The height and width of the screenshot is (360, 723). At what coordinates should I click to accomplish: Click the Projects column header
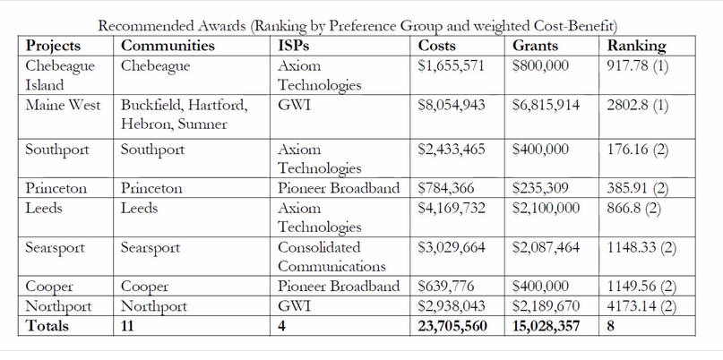click(53, 46)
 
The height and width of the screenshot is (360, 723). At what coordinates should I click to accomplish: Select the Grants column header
click(535, 46)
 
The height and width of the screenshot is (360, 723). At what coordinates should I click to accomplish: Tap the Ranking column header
click(637, 46)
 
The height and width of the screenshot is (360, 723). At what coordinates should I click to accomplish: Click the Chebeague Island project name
click(60, 75)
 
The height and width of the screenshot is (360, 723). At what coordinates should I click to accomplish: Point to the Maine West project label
click(63, 105)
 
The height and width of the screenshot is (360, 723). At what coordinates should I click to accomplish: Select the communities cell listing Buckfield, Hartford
click(185, 115)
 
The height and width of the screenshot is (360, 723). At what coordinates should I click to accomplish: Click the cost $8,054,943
click(452, 105)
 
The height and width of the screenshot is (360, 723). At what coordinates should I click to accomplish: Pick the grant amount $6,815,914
click(546, 105)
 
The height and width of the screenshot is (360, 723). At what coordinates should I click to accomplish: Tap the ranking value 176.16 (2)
click(638, 150)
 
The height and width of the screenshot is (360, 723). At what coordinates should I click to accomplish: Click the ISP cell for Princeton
click(339, 189)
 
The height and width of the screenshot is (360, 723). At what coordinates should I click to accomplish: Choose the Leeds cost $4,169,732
click(452, 209)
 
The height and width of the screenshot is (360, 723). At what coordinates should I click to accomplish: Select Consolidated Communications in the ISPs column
click(331, 257)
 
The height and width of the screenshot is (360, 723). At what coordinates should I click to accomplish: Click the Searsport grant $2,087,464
click(546, 247)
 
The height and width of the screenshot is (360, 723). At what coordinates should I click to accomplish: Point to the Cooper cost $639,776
click(446, 287)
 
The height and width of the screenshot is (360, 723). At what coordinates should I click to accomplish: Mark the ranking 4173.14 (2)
click(641, 306)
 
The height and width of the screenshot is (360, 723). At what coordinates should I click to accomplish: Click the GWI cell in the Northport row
click(294, 306)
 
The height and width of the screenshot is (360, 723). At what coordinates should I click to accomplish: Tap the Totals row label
click(47, 326)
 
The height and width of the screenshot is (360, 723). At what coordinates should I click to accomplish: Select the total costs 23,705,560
click(452, 326)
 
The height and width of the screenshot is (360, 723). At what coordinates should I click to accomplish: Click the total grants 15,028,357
click(546, 326)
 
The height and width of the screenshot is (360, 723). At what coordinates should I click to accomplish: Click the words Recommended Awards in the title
click(171, 26)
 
